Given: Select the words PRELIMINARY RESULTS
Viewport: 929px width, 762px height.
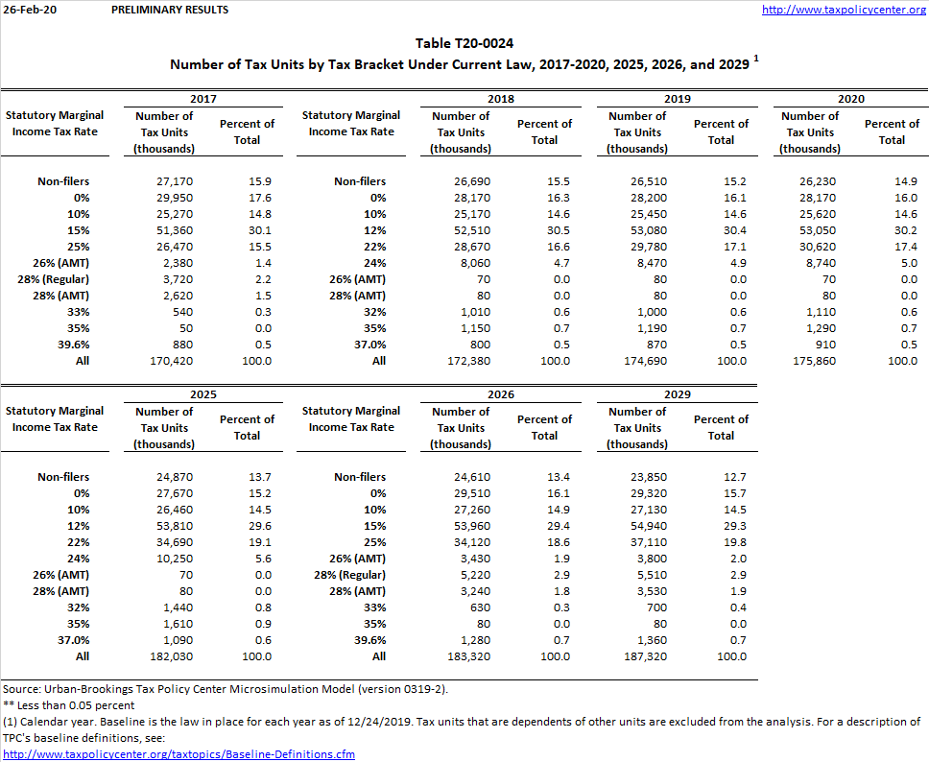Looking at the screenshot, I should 170,10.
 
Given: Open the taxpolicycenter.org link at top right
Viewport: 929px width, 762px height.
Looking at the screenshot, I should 844,10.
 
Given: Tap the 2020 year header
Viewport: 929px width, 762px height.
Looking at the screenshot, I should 850,99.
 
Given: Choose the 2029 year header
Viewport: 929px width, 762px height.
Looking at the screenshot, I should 678,394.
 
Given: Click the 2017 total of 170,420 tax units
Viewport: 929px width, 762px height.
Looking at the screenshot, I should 163,361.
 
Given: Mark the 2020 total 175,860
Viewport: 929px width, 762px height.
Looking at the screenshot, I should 809,361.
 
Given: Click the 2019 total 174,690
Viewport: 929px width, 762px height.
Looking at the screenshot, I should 637,361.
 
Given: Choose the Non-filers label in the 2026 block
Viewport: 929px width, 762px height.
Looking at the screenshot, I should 360,477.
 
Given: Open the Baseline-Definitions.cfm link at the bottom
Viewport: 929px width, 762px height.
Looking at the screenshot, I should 179,754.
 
